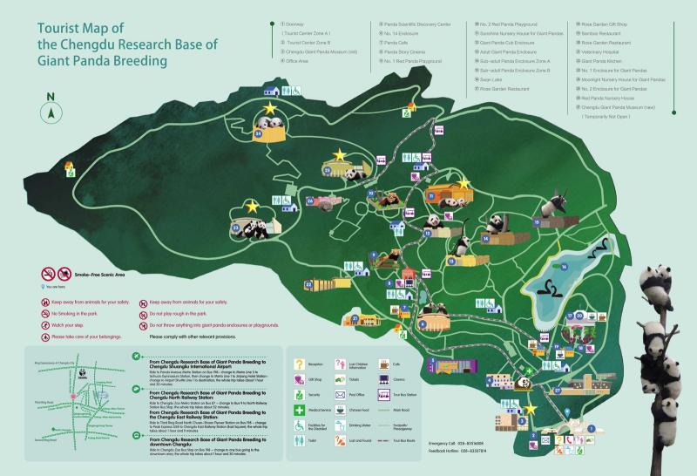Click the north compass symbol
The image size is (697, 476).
click(51, 112)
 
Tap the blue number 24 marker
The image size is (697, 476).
click(259, 135)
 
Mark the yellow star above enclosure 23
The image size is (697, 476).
click(252, 207)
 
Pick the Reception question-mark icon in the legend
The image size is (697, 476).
click(298, 364)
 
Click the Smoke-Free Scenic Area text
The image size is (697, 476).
click(101, 274)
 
